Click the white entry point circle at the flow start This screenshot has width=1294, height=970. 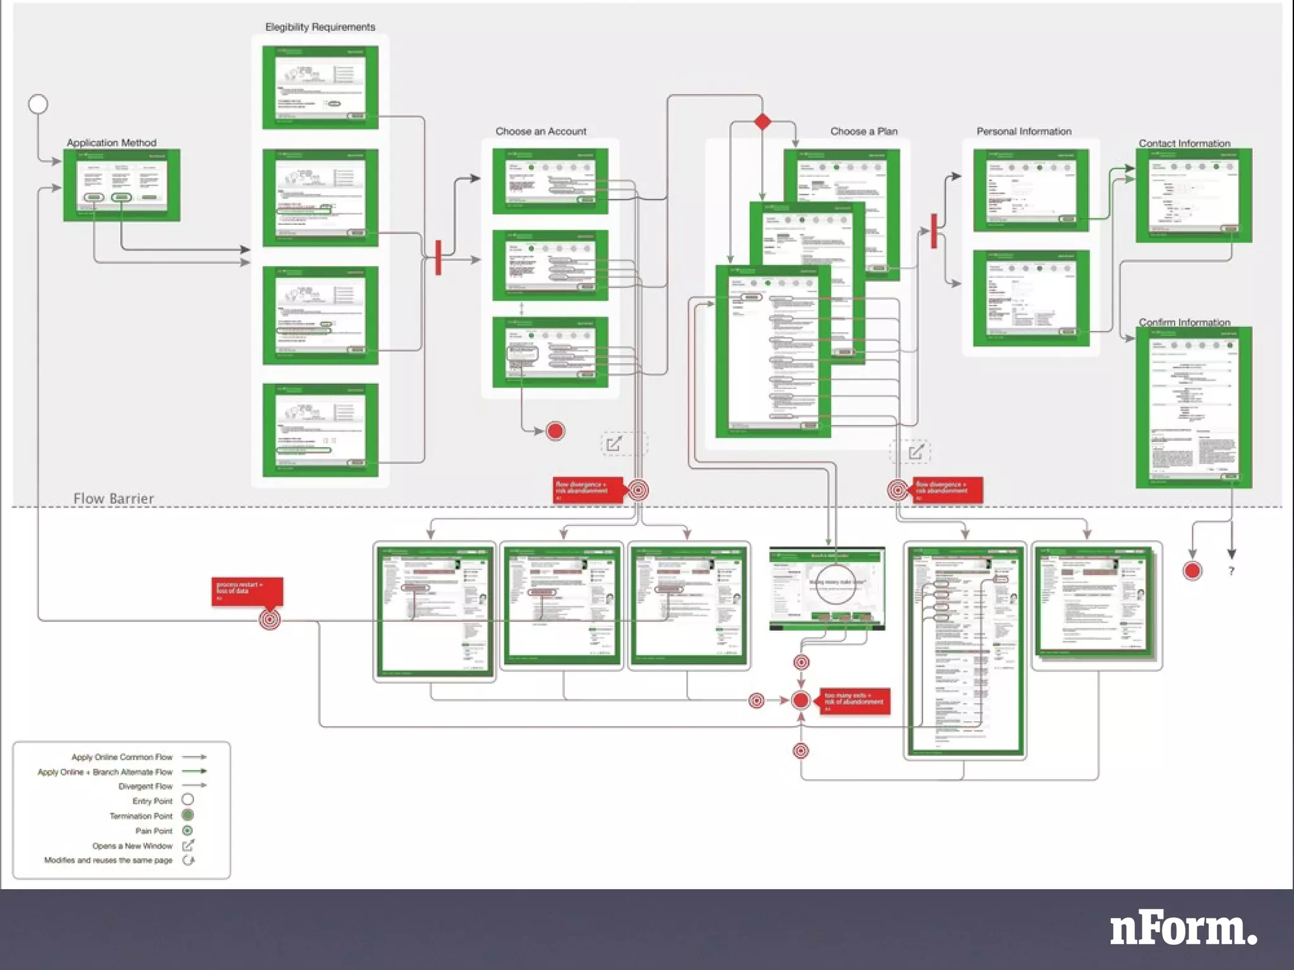pyautogui.click(x=38, y=104)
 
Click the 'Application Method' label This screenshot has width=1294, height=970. pyautogui.click(x=111, y=143)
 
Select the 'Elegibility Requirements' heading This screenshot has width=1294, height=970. pyautogui.click(x=320, y=27)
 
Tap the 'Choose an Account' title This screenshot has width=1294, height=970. pyautogui.click(x=540, y=131)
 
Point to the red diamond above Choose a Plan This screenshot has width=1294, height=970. pyautogui.click(x=763, y=121)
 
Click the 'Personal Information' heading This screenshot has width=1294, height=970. pyautogui.click(x=1024, y=131)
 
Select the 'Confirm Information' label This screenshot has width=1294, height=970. pyautogui.click(x=1184, y=322)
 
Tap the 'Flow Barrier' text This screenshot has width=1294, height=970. pyautogui.click(x=114, y=498)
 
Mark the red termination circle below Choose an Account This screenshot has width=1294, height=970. pyautogui.click(x=555, y=431)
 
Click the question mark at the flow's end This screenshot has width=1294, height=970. pyautogui.click(x=1231, y=571)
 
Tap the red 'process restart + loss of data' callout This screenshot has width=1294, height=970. pyautogui.click(x=247, y=591)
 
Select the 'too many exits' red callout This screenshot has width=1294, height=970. pyautogui.click(x=854, y=701)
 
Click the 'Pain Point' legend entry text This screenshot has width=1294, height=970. pyautogui.click(x=154, y=831)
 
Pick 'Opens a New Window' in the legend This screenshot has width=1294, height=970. pyautogui.click(x=132, y=846)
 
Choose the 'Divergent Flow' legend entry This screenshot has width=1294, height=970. pyautogui.click(x=145, y=786)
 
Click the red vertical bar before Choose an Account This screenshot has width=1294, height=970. pyautogui.click(x=438, y=257)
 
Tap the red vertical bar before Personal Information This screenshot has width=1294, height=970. pyautogui.click(x=934, y=231)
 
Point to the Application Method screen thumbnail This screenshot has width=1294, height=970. pyautogui.click(x=122, y=185)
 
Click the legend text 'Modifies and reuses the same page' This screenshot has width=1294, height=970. pyautogui.click(x=108, y=860)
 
